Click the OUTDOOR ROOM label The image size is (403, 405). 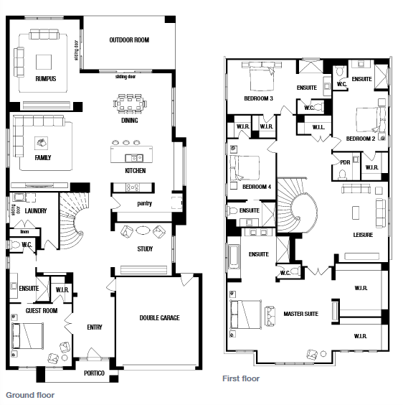click(129, 40)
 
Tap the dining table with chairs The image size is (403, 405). click(130, 103)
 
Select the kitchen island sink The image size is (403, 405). click(134, 158)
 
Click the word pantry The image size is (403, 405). click(144, 203)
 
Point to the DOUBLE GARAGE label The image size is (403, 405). click(159, 317)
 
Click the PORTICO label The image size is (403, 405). click(94, 373)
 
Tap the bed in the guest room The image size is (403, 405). click(27, 336)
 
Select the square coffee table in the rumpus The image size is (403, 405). click(44, 62)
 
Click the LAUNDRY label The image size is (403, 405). click(36, 211)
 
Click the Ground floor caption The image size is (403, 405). click(30, 395)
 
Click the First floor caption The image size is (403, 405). click(241, 378)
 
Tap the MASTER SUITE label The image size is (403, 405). click(301, 314)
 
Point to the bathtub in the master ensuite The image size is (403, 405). click(234, 256)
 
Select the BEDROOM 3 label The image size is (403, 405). click(259, 98)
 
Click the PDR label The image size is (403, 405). click(345, 162)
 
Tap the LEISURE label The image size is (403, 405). click(363, 235)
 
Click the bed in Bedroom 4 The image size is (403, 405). click(245, 168)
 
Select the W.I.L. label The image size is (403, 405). click(318, 127)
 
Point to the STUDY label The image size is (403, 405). click(145, 249)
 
